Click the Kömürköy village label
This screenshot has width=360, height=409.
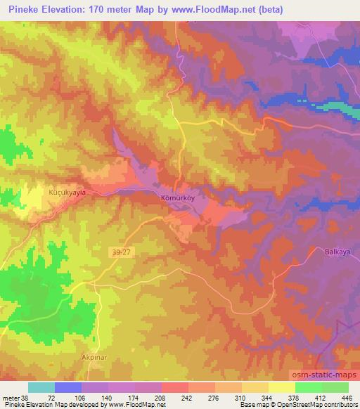point(175,198)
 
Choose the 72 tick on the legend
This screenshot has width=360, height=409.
point(51,397)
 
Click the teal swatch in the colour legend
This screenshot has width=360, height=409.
point(41,387)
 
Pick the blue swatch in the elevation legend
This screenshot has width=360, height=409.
point(68,387)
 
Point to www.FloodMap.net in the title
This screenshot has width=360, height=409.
point(214,9)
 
